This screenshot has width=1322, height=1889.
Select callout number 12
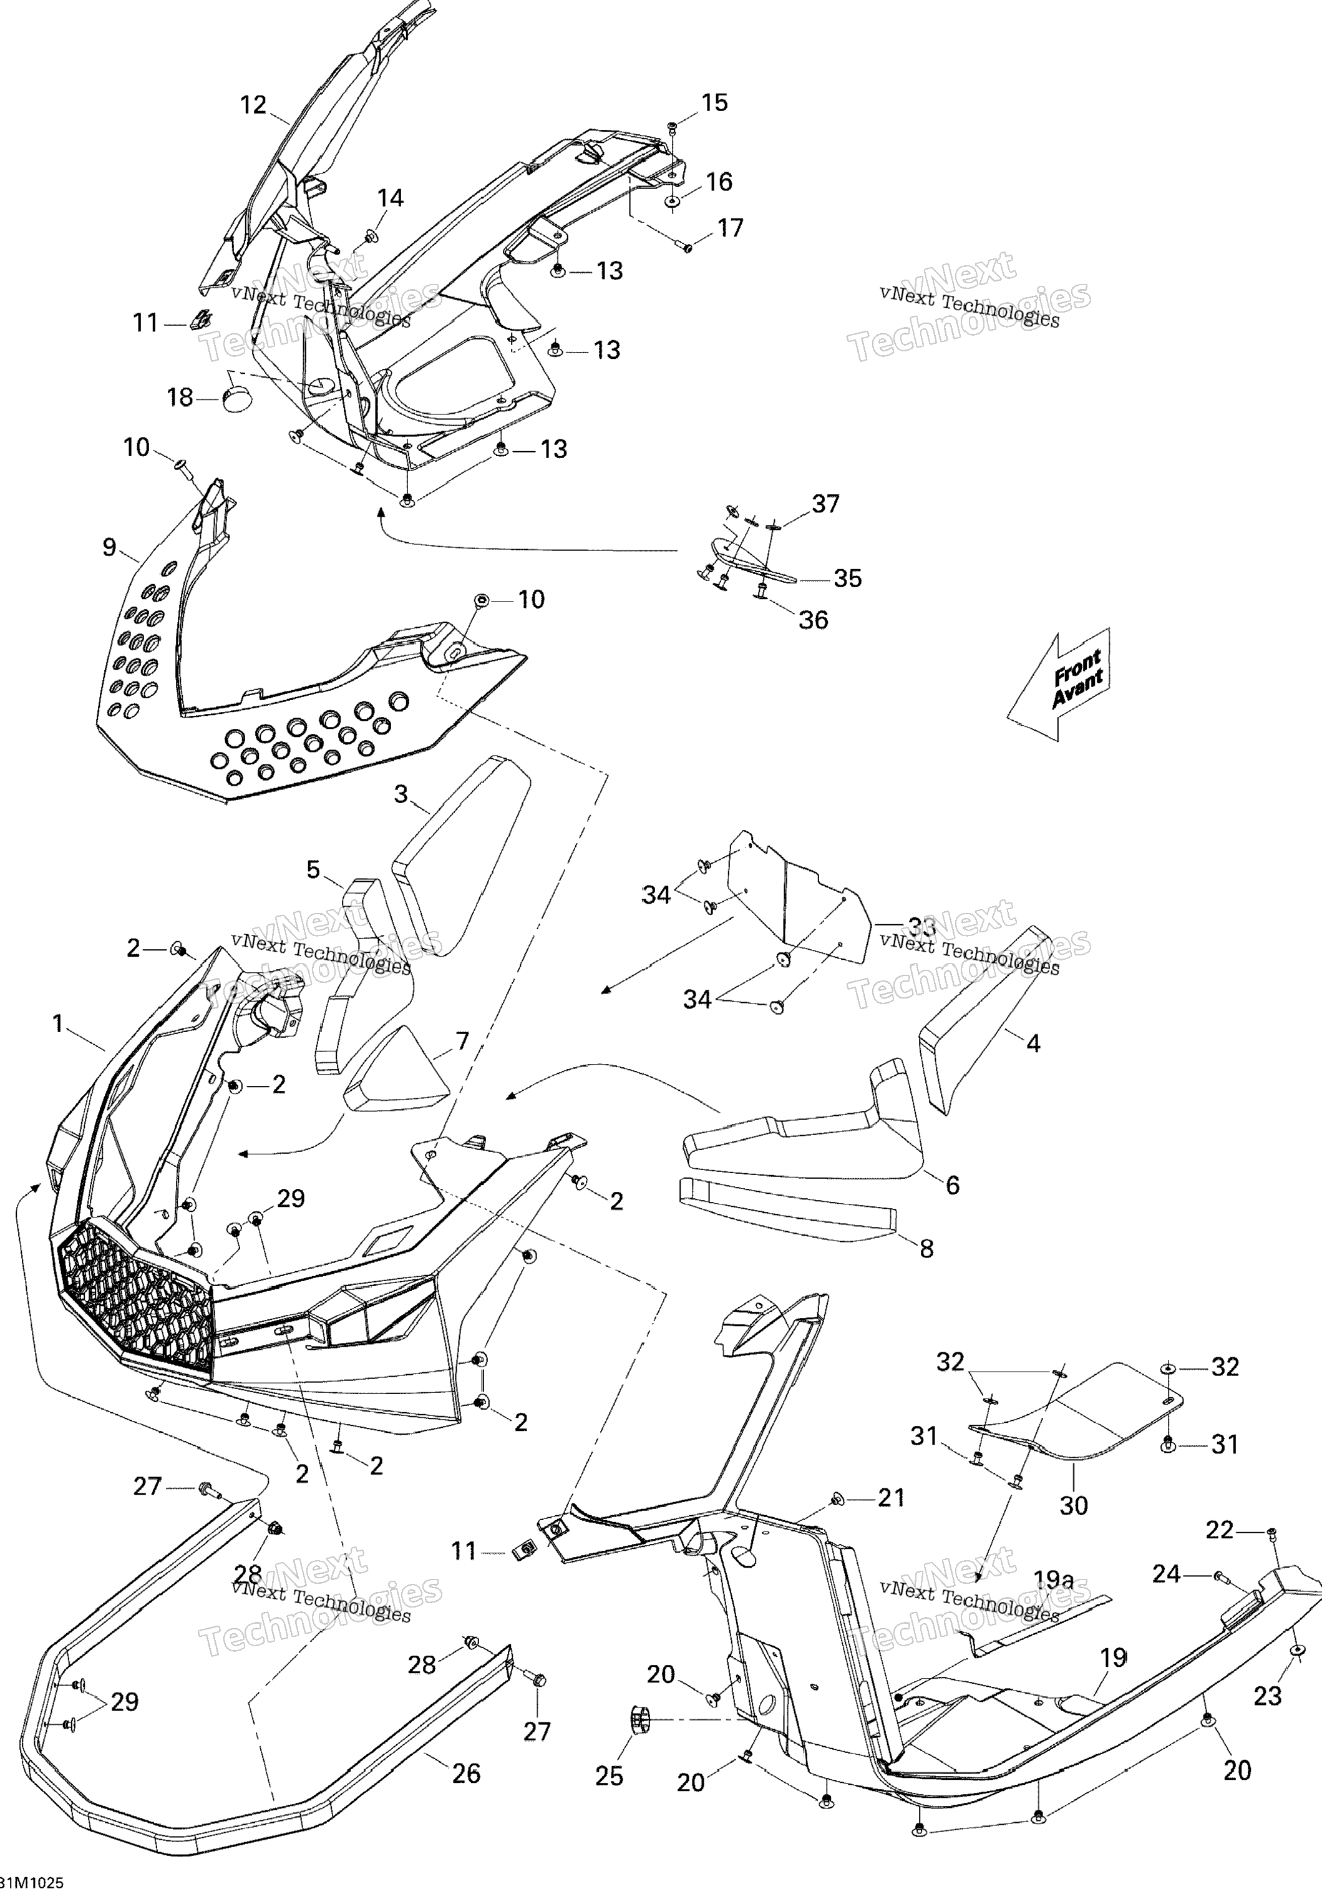click(253, 105)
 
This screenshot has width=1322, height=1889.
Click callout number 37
click(825, 504)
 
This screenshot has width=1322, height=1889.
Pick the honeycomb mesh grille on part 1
click(136, 1300)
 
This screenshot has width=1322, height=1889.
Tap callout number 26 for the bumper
click(467, 1773)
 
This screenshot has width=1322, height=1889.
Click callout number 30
click(1074, 1506)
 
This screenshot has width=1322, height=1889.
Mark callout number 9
click(109, 547)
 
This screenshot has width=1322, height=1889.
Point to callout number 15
click(714, 103)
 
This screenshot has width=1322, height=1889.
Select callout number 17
click(730, 228)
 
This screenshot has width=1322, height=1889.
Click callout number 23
click(1267, 1696)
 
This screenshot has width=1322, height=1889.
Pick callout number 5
click(313, 870)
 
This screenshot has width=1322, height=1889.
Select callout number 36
click(813, 620)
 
